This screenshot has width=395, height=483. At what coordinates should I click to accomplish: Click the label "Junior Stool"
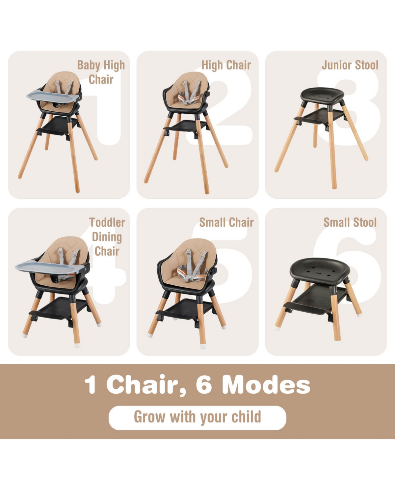click(x=350, y=65)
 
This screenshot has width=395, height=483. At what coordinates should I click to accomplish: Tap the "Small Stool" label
click(x=350, y=222)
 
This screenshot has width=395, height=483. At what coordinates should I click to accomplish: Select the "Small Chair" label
click(x=226, y=222)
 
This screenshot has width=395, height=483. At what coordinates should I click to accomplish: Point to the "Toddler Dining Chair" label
click(x=107, y=237)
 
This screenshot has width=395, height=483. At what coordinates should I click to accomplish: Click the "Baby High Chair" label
click(x=101, y=72)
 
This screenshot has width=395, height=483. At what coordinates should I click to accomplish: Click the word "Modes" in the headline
click(x=266, y=384)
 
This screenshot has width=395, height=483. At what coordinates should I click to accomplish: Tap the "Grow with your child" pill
click(x=197, y=417)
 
